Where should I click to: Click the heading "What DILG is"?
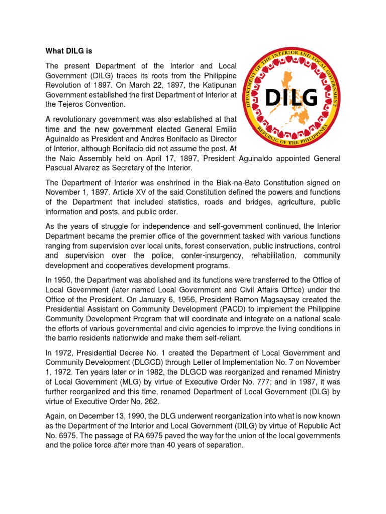69,51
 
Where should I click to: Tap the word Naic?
68,158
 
